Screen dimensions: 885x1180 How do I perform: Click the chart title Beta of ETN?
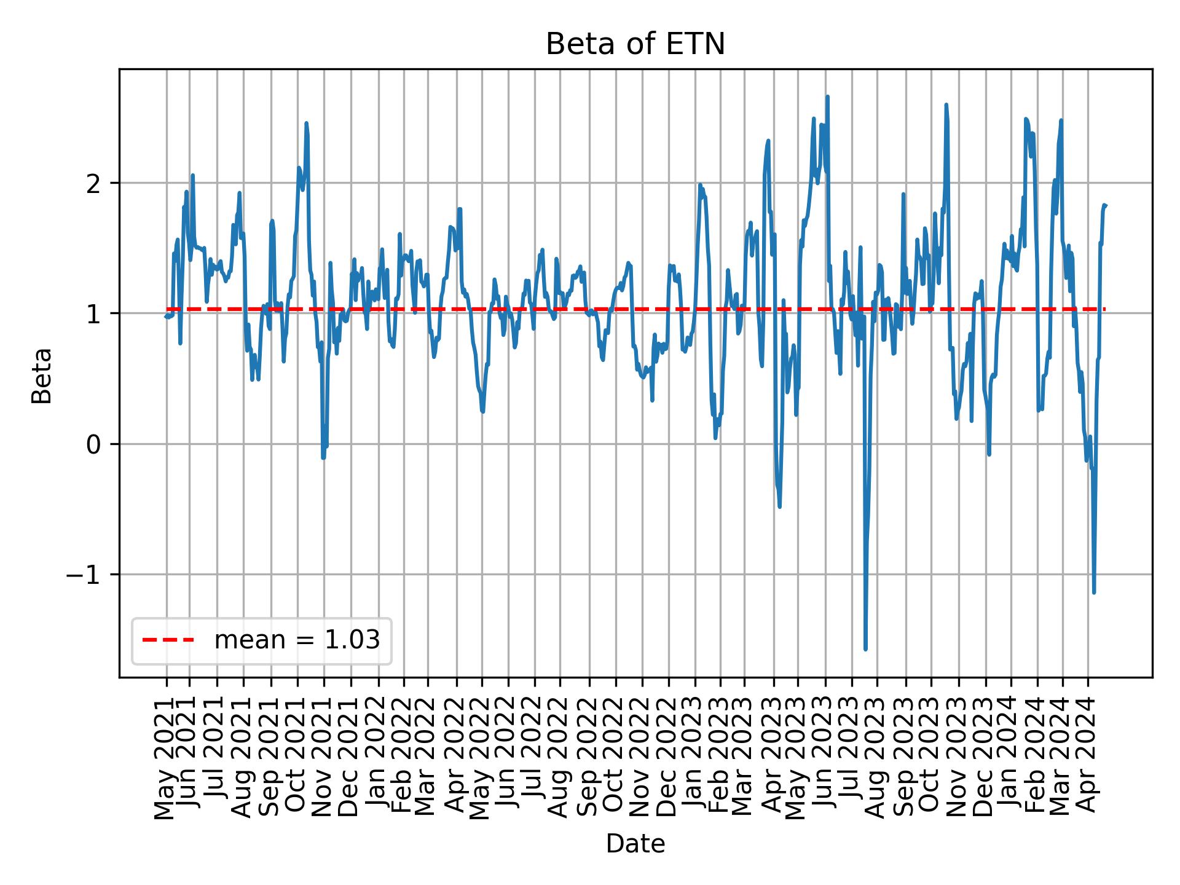[x=635, y=44]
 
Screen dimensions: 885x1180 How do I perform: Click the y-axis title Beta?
[x=42, y=376]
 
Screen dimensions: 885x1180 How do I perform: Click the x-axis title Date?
[x=635, y=844]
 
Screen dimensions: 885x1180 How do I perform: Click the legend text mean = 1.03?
[x=297, y=640]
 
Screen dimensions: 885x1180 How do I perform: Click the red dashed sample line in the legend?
[x=168, y=640]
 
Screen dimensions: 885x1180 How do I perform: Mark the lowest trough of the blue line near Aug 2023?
[x=865, y=649]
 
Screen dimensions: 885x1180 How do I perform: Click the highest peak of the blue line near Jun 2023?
[x=828, y=96]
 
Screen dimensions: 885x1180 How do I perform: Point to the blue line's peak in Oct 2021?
[x=306, y=124]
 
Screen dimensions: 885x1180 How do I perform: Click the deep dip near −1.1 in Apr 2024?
[x=1094, y=592]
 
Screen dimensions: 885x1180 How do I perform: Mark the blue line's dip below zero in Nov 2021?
[x=323, y=457]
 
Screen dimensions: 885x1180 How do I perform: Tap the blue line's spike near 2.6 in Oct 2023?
[x=946, y=105]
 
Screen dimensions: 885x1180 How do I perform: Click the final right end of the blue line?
[x=1105, y=205]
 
